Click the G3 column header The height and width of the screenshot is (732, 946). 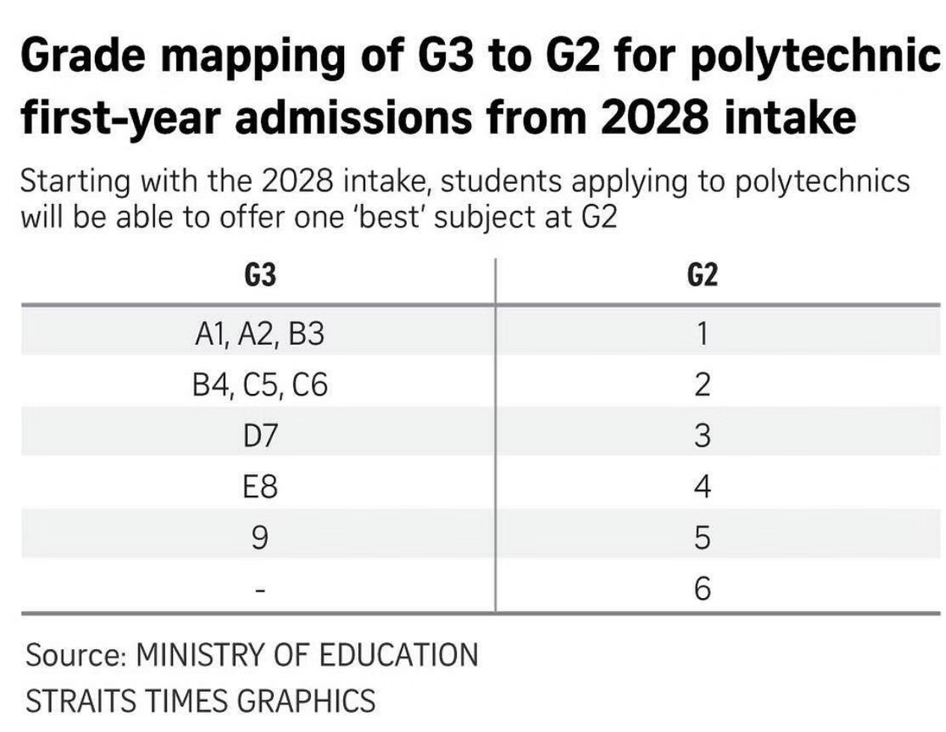click(259, 276)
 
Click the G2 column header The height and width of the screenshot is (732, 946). click(702, 276)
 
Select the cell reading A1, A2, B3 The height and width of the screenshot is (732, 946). click(259, 333)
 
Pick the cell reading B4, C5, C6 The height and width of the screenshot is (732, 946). click(259, 385)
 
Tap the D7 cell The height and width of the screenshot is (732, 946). click(259, 435)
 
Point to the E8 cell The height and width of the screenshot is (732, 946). click(259, 487)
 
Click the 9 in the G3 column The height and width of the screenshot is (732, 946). click(259, 538)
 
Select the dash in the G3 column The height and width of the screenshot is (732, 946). click(259, 591)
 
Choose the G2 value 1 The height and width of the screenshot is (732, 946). click(702, 333)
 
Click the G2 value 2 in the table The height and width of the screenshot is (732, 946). click(702, 385)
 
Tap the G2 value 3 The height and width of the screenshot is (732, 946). click(702, 435)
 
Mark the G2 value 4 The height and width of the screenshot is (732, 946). click(702, 487)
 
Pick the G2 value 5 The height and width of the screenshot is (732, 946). click(702, 538)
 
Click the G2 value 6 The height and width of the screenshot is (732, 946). click(702, 589)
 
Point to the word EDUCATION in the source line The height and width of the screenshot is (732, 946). click(398, 654)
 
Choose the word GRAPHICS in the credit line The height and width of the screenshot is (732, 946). click(306, 701)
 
